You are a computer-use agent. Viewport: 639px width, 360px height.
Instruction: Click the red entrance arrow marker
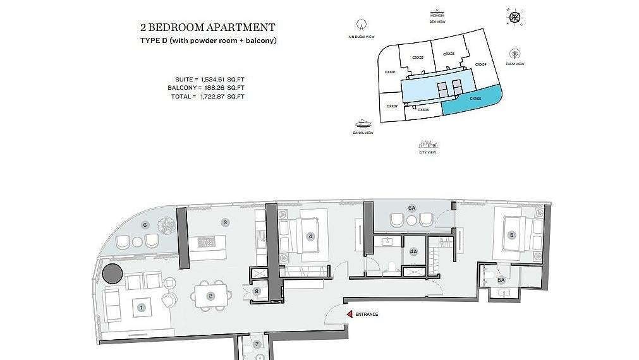(x=348, y=314)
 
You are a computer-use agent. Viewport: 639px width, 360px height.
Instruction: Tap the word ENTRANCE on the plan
(x=367, y=314)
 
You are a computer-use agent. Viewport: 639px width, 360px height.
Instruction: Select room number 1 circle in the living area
(x=142, y=308)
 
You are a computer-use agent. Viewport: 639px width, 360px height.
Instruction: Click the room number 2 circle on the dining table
(x=211, y=296)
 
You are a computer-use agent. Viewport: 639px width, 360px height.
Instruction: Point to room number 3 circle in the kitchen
(x=224, y=222)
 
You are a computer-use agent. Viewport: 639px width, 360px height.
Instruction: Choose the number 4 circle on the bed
(x=310, y=237)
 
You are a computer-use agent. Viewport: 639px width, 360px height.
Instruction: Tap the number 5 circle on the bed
(x=512, y=235)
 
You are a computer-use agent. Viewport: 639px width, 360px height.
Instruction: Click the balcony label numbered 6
(x=145, y=224)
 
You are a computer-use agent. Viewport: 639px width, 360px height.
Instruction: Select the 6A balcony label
(x=412, y=207)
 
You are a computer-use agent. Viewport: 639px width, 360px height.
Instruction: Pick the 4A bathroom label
(x=413, y=251)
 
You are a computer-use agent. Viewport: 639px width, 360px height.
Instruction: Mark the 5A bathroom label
(x=501, y=280)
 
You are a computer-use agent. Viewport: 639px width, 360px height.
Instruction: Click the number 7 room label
(x=257, y=344)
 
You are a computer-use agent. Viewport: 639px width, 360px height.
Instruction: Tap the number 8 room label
(x=257, y=291)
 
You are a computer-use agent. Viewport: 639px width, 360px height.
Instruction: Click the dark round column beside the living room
(x=113, y=274)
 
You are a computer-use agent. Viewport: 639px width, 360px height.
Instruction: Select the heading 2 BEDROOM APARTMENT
(x=207, y=28)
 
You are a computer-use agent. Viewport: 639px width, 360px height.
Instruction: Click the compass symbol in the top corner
(x=516, y=16)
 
